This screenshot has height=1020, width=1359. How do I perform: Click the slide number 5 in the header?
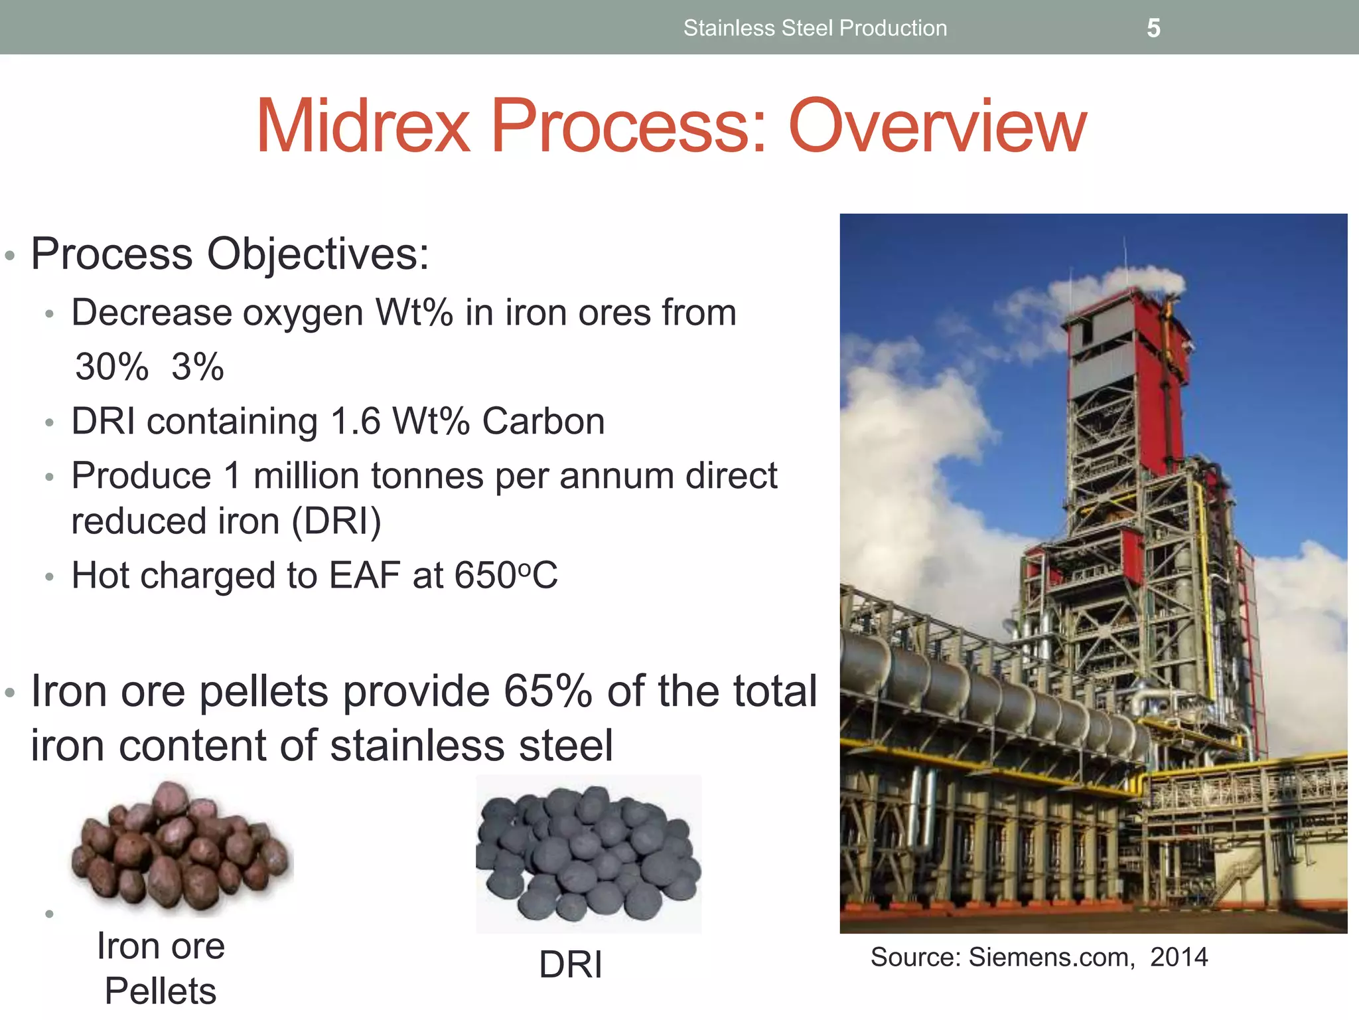coord(1153,28)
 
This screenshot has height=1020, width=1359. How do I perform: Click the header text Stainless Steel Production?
coord(815,28)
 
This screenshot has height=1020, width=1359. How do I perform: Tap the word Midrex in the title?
coord(363,126)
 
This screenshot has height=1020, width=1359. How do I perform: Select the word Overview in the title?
coord(937,126)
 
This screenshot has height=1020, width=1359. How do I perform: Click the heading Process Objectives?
coord(230,254)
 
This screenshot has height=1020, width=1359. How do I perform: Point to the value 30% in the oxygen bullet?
coord(111,367)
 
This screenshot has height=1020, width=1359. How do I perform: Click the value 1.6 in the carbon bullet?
coord(355,421)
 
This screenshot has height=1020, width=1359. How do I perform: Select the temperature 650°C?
coord(506,575)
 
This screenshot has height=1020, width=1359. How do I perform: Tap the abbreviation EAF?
coord(365,575)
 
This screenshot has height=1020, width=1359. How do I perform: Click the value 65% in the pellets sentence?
coord(547,691)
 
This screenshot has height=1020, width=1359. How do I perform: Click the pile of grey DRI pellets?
coord(588,853)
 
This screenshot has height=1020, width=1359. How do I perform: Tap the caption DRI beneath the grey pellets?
coord(571,964)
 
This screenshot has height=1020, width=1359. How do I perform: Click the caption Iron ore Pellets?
coord(161,968)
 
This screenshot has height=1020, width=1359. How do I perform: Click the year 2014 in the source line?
coord(1179,957)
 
